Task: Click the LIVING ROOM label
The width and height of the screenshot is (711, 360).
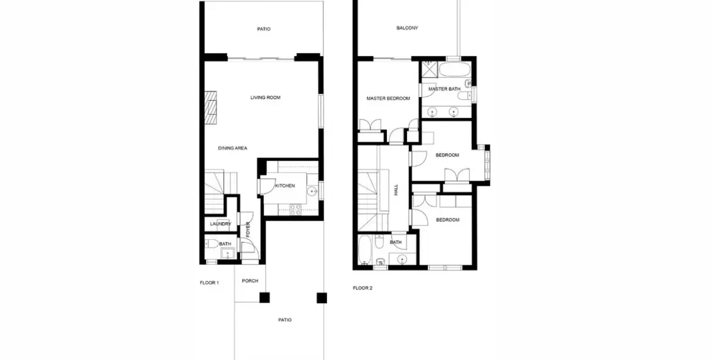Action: pos(265,98)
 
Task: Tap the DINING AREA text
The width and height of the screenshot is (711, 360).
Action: pos(233,148)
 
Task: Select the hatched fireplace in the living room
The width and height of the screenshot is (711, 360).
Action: pos(211,107)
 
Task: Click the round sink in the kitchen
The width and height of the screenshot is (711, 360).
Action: pos(311,192)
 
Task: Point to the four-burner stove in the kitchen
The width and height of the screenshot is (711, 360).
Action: pos(295,209)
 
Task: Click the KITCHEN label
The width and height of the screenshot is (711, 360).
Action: pos(285,186)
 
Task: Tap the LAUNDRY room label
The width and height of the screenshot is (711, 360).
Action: pos(220,224)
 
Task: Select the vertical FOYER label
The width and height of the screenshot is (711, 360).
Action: pos(248,229)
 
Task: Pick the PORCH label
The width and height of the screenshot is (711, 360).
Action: pos(250,281)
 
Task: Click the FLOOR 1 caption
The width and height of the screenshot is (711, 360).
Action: pos(209,283)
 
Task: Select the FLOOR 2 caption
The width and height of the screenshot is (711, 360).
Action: pos(363,288)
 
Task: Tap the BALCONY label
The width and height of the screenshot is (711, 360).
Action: pos(407,28)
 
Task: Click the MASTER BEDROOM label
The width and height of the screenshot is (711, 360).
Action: pos(388,98)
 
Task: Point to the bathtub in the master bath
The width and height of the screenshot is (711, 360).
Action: pos(455,70)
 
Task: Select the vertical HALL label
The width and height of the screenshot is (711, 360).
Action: pos(396,190)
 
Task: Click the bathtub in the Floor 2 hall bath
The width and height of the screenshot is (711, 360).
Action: pos(364,250)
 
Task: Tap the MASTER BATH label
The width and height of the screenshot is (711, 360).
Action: pos(444,89)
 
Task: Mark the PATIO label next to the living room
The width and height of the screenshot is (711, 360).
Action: pos(264,29)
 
